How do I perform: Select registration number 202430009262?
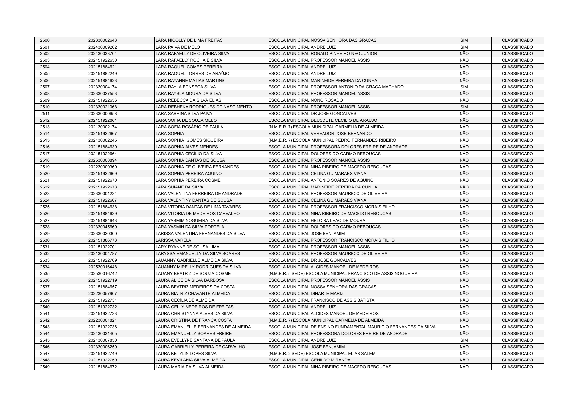click(x=102, y=47)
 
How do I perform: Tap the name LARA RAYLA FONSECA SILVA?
click(x=186, y=87)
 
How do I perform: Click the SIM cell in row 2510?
click(x=464, y=107)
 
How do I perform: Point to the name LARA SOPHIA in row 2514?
click(x=170, y=134)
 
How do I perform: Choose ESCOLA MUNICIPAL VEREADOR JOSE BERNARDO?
click(x=320, y=134)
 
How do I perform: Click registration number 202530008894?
click(x=102, y=160)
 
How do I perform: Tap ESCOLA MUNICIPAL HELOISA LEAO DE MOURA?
click(x=317, y=221)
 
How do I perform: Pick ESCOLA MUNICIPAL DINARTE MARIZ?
click(x=306, y=294)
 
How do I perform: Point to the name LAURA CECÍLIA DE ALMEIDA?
click(x=185, y=300)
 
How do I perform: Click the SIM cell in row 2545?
click(x=464, y=340)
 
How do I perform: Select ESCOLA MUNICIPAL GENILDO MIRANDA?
click(x=309, y=360)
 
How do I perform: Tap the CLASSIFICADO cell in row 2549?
click(x=517, y=367)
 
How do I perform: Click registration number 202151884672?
click(x=102, y=367)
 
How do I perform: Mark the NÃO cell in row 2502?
click(x=464, y=53)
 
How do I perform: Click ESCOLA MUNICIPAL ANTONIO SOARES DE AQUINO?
click(x=321, y=180)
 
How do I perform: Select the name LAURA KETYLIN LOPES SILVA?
click(x=186, y=354)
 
